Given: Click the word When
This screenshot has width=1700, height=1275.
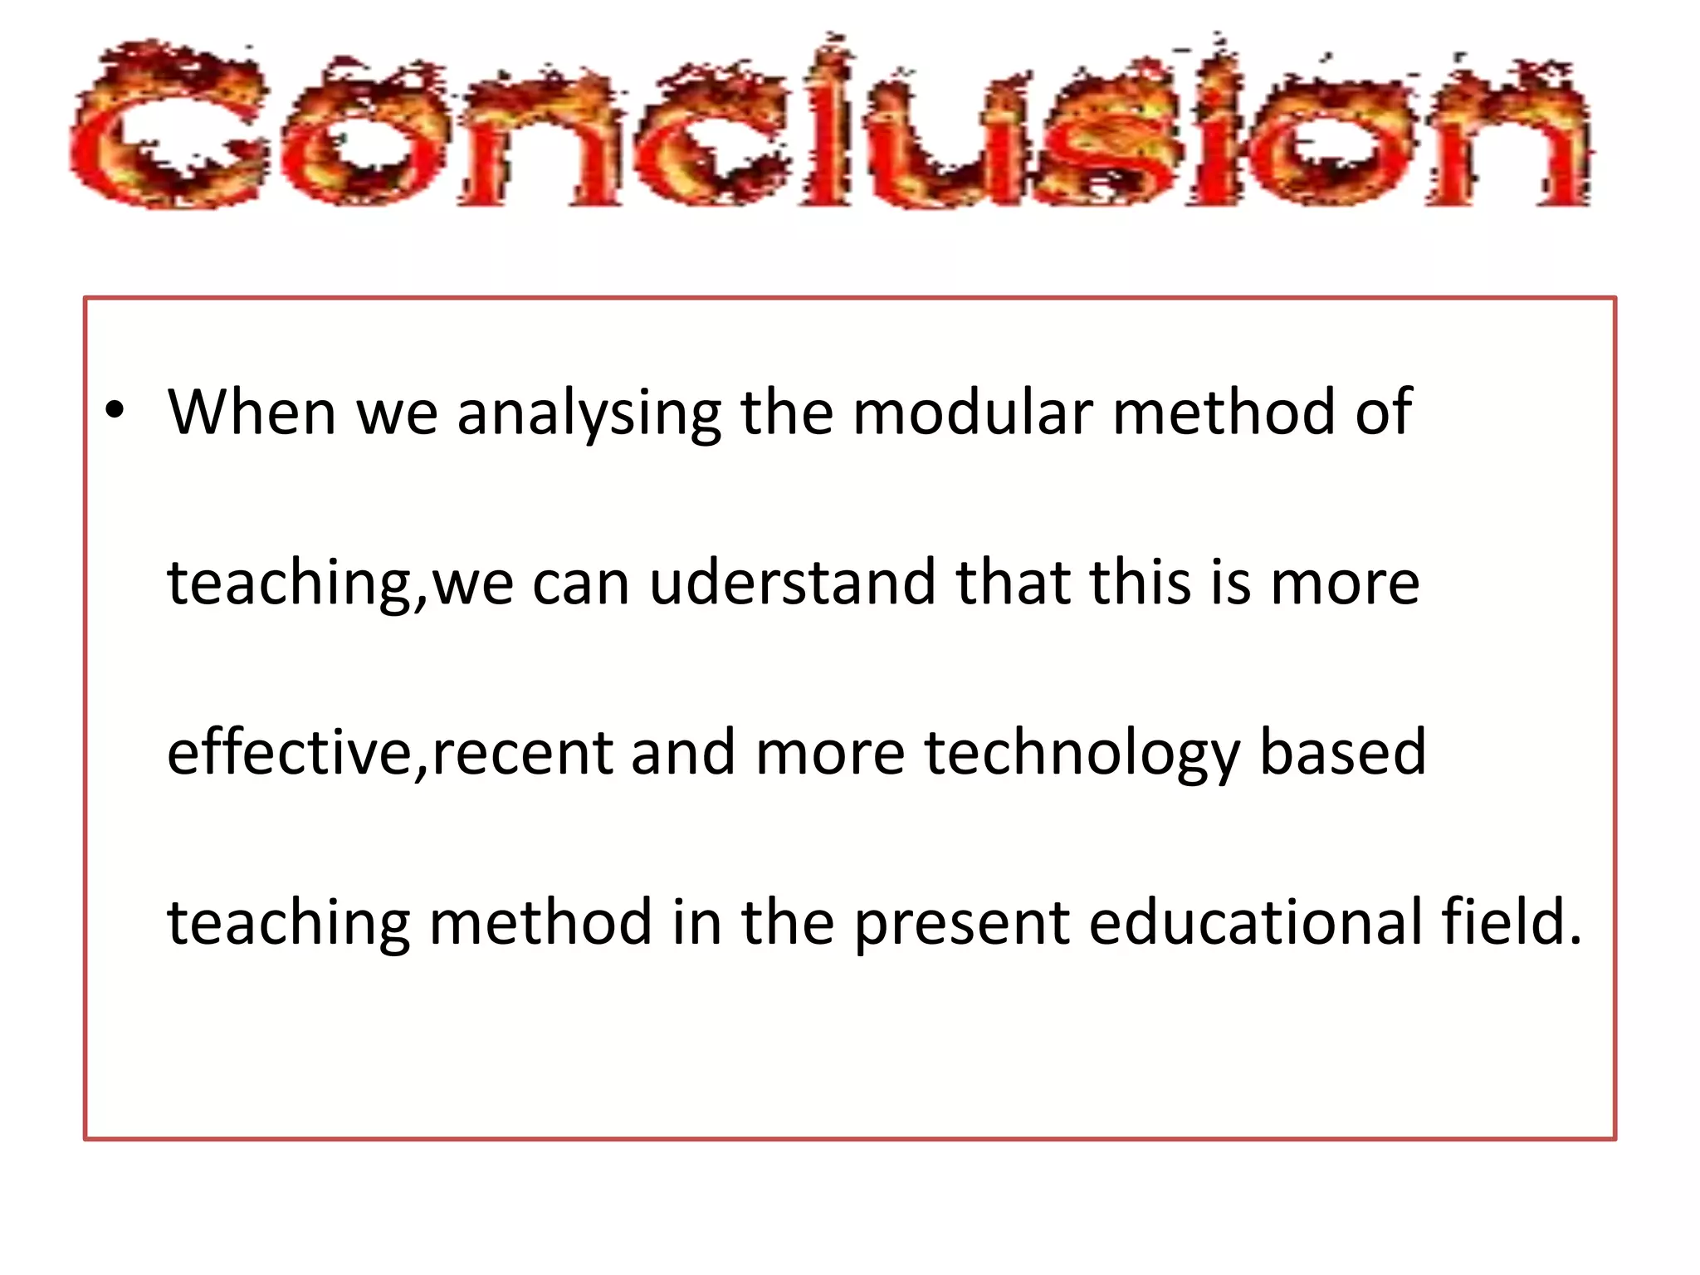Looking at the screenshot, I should click(252, 412).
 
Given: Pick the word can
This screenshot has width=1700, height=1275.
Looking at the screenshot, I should click(580, 584).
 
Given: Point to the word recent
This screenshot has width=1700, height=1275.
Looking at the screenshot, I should click(521, 754).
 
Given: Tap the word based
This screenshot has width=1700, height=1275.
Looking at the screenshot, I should click(1342, 752).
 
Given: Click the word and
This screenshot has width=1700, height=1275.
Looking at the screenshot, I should click(683, 752).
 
